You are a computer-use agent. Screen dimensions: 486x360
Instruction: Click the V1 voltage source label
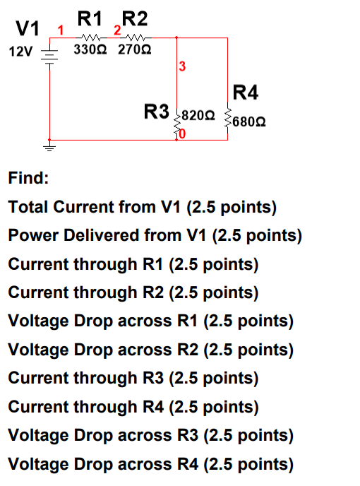click(28, 29)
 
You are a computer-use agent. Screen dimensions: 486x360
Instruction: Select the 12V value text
click(21, 52)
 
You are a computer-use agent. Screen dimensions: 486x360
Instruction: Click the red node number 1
click(61, 30)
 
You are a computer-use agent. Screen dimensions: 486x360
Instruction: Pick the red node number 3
click(182, 67)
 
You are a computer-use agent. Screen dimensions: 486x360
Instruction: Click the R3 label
click(157, 112)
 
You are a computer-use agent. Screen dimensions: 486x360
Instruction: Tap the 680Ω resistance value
click(248, 121)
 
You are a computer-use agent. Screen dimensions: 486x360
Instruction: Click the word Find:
click(28, 178)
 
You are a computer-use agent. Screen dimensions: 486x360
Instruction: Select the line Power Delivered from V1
click(155, 235)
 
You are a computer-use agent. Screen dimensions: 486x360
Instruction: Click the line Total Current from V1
click(142, 207)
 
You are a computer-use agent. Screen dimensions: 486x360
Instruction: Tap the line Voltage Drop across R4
click(150, 464)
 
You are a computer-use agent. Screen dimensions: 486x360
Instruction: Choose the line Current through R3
click(133, 378)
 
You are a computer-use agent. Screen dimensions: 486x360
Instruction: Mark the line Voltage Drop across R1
click(150, 321)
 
